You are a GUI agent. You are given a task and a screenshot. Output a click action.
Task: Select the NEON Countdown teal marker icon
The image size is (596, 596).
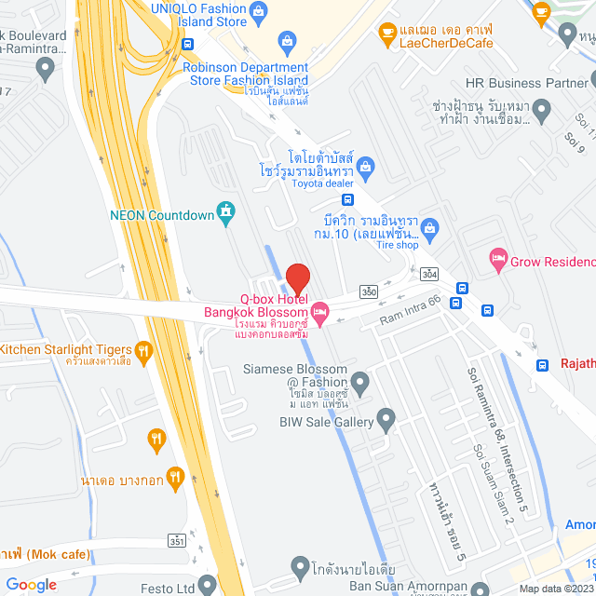tap(224, 212)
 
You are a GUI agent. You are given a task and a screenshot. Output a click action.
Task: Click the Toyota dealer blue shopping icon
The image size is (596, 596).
tap(366, 167)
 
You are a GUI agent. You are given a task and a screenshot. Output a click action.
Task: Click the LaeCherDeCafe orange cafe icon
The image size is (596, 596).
tap(386, 34)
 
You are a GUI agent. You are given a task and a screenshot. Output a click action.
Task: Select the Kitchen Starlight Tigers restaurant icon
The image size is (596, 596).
tap(142, 350)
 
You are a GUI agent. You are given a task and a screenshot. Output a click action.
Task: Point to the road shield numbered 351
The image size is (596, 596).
tap(176, 540)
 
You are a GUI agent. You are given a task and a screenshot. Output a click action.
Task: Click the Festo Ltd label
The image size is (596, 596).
tap(194, 589)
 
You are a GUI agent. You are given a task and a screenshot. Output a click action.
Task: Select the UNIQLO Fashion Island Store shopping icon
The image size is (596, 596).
tap(260, 11)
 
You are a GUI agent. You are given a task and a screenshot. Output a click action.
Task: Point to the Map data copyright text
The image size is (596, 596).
tap(555, 589)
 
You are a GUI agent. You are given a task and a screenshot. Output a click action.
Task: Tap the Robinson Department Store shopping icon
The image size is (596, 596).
tap(287, 42)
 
